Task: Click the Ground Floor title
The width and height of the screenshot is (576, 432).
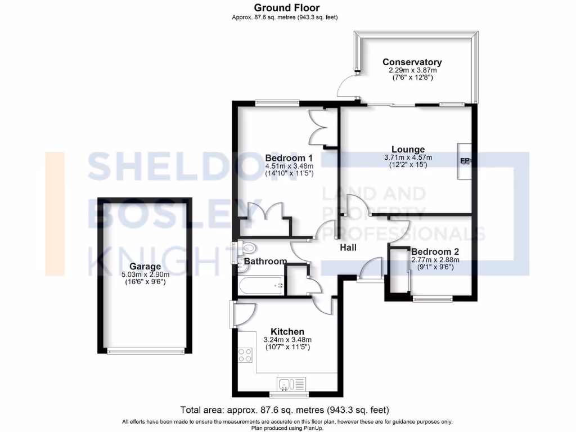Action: [286, 8]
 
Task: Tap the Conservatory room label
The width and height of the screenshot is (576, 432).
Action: [412, 62]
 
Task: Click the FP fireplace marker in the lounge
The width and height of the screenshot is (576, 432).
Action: [465, 161]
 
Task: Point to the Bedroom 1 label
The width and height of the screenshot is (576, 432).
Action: [289, 157]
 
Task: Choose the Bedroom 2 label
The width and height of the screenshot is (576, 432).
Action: [435, 251]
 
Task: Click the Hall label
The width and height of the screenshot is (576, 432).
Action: [348, 247]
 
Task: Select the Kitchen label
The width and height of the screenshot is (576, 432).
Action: [287, 331]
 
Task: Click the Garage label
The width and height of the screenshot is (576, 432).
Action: [145, 267]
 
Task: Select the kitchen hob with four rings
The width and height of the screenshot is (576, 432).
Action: [245, 355]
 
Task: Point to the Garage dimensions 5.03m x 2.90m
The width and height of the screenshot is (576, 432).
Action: [145, 274]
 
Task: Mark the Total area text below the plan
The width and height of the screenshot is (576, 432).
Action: [284, 409]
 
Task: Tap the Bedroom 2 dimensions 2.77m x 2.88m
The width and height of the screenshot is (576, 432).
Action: [435, 259]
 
